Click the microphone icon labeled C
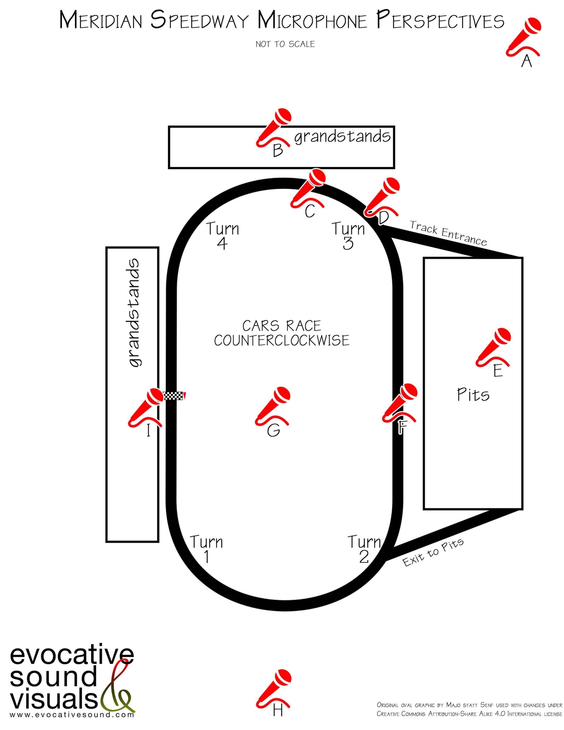coord(308,188)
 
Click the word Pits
coord(473,395)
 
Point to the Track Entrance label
coord(448,233)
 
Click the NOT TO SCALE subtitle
coord(285,44)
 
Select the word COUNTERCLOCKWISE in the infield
coord(282,340)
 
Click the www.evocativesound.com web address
coord(72,715)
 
